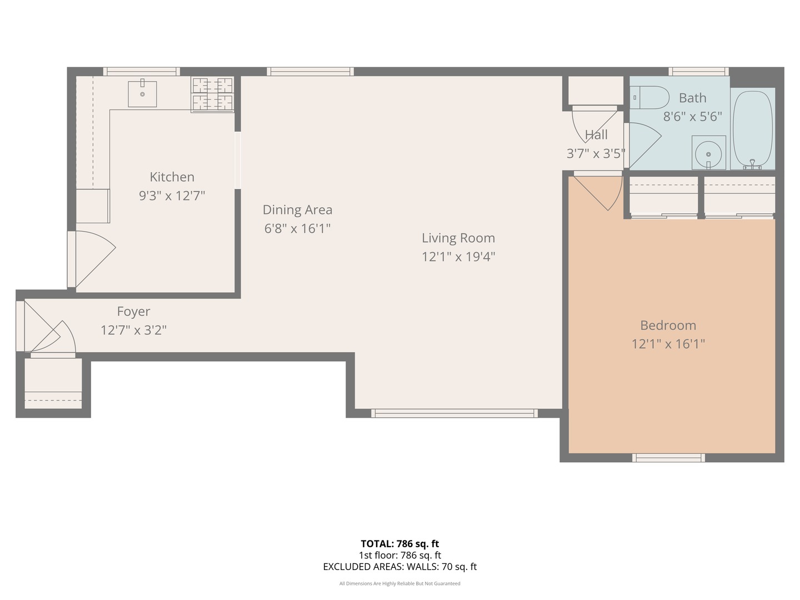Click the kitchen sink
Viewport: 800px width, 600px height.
coord(142,94)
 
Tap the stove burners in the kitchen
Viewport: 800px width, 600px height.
coord(212,94)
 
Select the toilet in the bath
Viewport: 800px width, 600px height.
coord(651,98)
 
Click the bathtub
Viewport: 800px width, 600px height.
coord(752,128)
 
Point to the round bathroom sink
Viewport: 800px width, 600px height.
coord(708,153)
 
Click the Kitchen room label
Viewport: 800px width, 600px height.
coord(172,177)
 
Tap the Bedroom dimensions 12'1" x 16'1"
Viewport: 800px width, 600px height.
coord(668,344)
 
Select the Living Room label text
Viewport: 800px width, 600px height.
coord(458,238)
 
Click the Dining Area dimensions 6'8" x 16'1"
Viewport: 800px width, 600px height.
coord(297,228)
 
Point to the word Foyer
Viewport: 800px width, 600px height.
coord(133,312)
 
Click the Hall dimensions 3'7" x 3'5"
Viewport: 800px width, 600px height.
coord(596,154)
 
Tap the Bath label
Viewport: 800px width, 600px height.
coord(692,98)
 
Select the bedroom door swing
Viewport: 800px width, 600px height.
coord(600,192)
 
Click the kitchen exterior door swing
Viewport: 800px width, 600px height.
coord(92,258)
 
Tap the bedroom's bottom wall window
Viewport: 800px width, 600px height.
coord(668,458)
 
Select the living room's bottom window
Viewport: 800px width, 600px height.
coord(454,413)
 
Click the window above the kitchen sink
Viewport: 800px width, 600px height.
coord(141,72)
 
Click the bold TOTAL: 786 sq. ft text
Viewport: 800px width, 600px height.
coord(399,544)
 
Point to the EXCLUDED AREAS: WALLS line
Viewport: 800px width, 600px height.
coord(399,567)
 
